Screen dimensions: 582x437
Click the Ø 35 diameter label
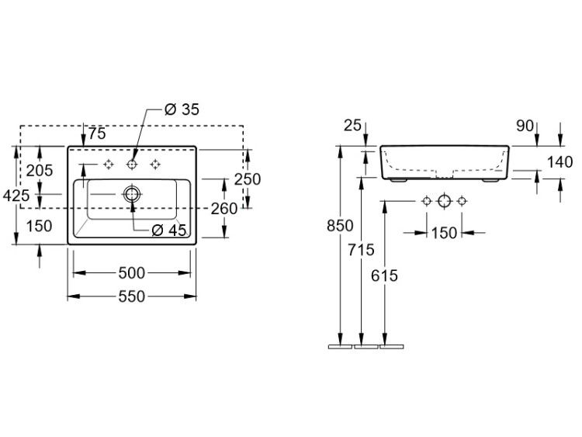click(x=182, y=109)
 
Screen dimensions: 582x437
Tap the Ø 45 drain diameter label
click(x=169, y=231)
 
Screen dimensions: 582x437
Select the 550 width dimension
click(x=131, y=297)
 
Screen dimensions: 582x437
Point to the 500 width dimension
click(x=131, y=273)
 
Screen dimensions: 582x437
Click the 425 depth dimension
click(x=16, y=196)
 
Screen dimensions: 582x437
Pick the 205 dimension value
click(x=40, y=171)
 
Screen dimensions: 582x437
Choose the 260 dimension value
click(x=223, y=209)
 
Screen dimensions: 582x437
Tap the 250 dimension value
click(x=248, y=179)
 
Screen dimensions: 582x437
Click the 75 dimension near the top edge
click(x=97, y=134)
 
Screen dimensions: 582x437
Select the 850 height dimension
click(x=340, y=225)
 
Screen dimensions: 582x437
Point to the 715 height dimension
click(x=361, y=250)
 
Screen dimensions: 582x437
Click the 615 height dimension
click(x=384, y=276)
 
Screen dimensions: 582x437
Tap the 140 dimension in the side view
click(x=560, y=162)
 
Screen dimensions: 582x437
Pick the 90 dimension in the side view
click(x=525, y=127)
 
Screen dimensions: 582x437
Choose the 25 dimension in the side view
click(x=352, y=126)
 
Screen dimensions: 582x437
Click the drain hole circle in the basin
click(x=132, y=194)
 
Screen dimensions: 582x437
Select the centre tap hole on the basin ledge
click(x=132, y=164)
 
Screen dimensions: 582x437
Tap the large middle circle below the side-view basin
click(x=444, y=201)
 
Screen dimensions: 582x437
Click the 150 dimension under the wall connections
click(x=444, y=233)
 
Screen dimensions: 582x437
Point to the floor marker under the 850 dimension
click(x=340, y=347)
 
